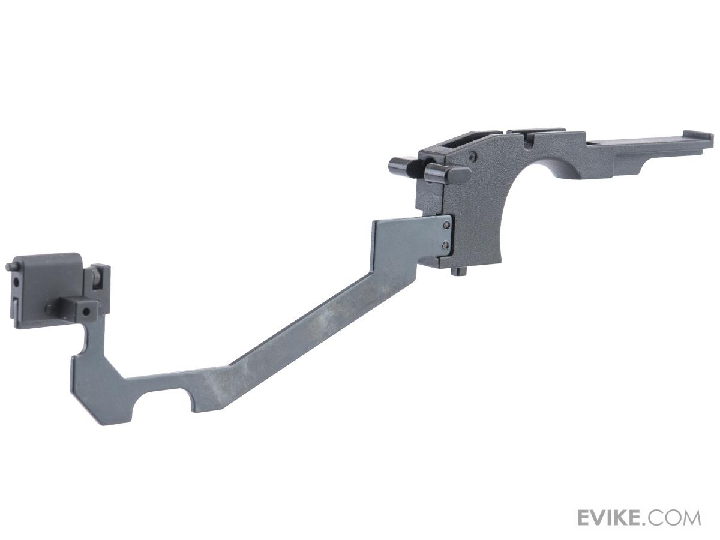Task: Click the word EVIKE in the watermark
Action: pyautogui.click(x=613, y=517)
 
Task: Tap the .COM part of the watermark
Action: pyautogui.click(x=674, y=517)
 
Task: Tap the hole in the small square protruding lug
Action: pyautogui.click(x=88, y=311)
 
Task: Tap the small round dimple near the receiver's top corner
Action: pyautogui.click(x=474, y=157)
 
